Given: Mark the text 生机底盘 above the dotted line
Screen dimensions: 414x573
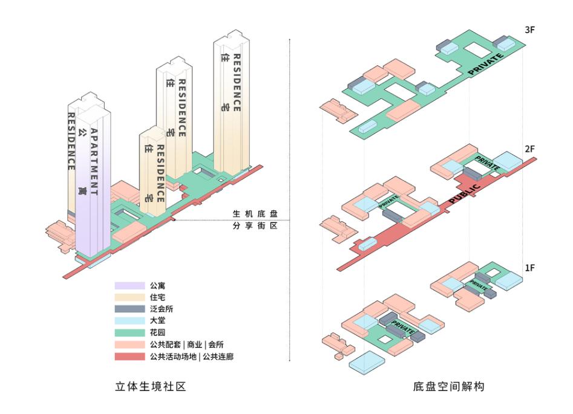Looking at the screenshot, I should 255,215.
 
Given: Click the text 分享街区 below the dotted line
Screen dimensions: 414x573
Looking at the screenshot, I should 255,226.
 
